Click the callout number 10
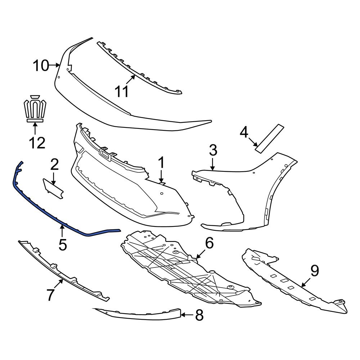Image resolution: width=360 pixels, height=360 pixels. point(41,66)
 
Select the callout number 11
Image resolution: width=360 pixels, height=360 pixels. point(121,91)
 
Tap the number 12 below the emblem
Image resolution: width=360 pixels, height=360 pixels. point(37,143)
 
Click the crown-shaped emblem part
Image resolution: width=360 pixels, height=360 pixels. point(35,109)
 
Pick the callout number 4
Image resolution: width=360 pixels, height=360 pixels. point(244,133)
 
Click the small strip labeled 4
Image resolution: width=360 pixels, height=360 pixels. point(269,139)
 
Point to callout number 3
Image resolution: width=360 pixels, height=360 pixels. point(213,150)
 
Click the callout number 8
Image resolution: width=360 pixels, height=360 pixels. point(199,316)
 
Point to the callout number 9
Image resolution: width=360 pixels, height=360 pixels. point(315,271)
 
